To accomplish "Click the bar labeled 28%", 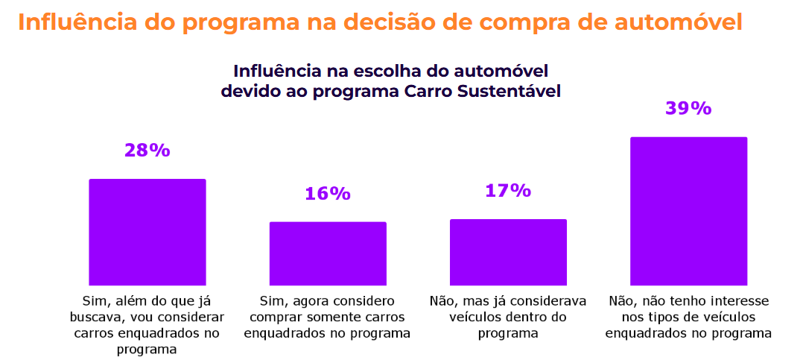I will tap(147, 232).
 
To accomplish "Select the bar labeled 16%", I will tap(328, 253).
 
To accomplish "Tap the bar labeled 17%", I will tap(508, 252).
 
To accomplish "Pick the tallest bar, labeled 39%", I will tap(688, 211).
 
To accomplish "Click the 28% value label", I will tap(147, 151).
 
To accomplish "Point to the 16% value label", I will tap(328, 194).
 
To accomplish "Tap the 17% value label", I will tap(508, 191).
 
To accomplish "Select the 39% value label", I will tap(688, 109).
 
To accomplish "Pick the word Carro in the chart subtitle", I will tap(428, 92).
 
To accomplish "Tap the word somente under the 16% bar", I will tap(345, 318).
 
